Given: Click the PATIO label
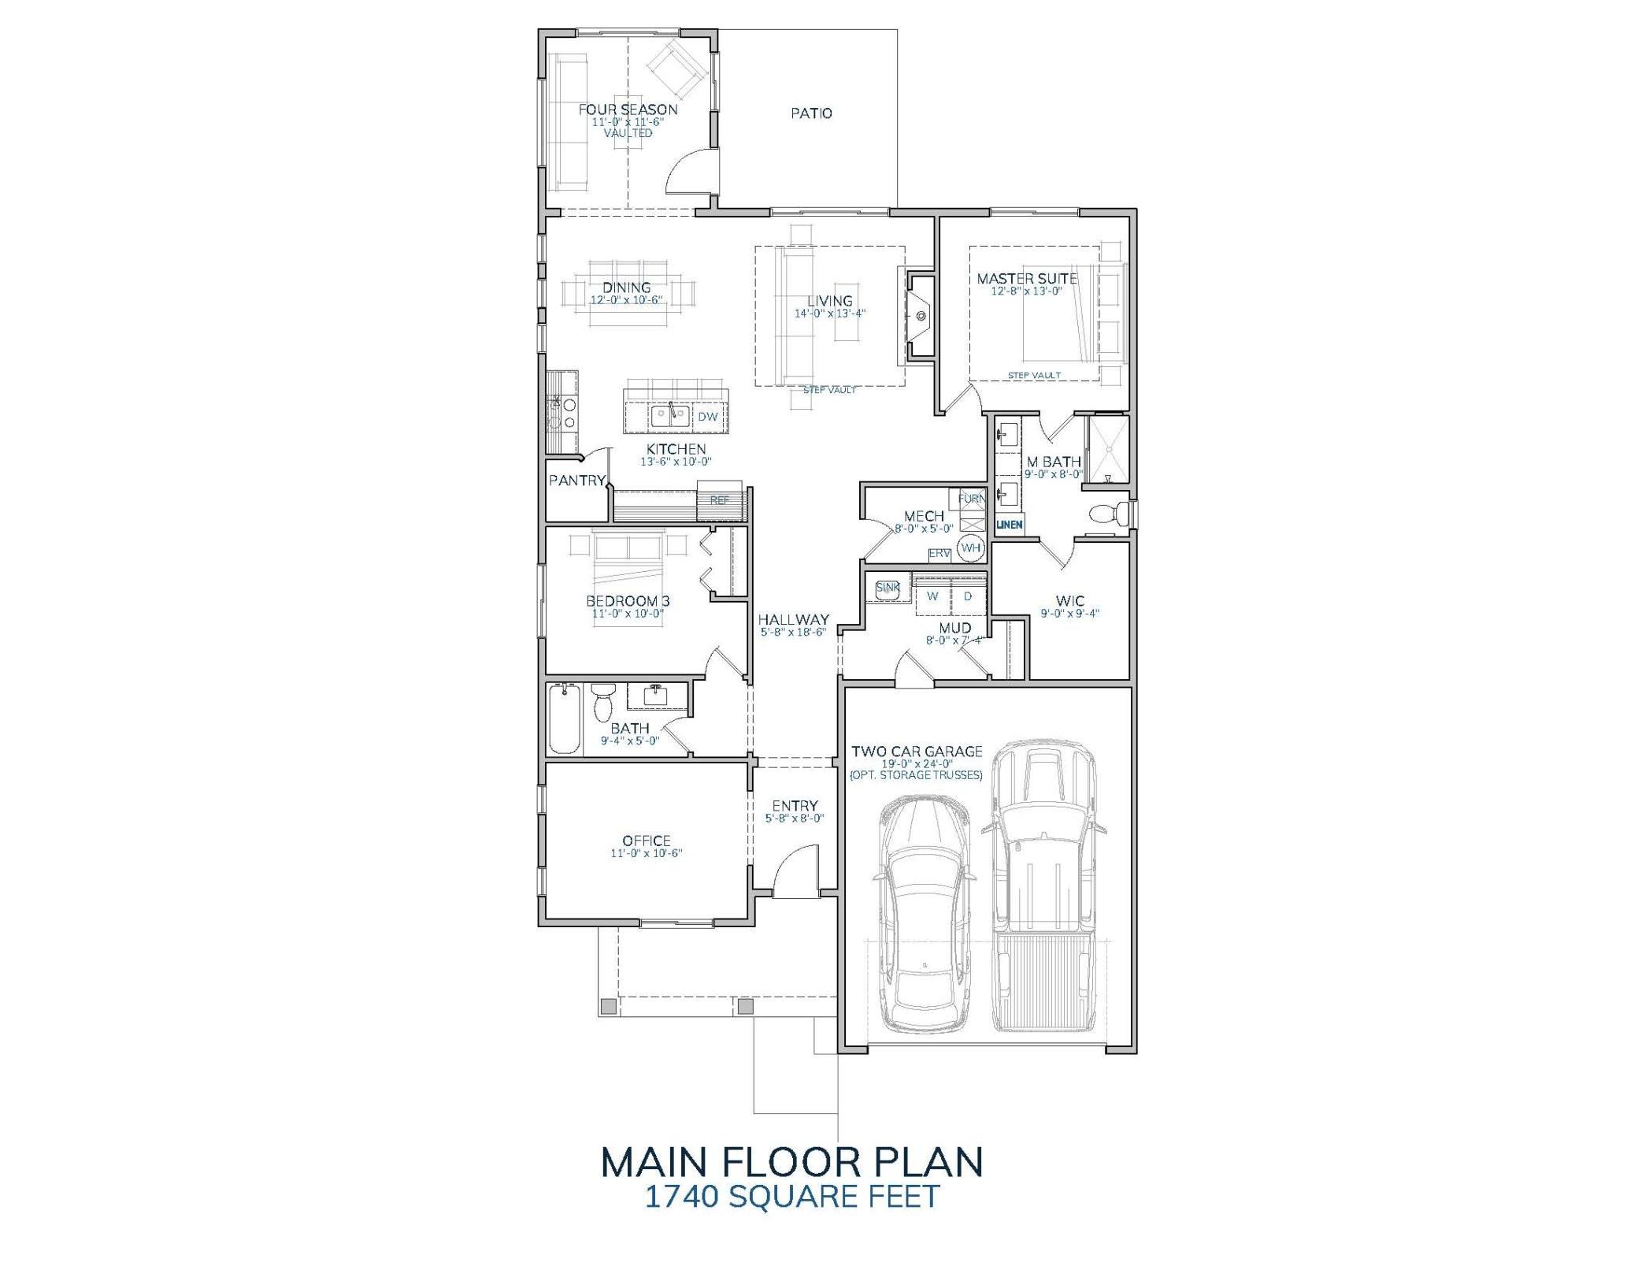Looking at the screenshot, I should [x=811, y=113].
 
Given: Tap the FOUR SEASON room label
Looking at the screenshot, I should [x=628, y=110].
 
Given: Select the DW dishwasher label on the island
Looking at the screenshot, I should [x=707, y=417].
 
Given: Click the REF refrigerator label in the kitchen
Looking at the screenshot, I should [x=719, y=500].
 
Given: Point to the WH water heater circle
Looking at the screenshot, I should [x=971, y=548].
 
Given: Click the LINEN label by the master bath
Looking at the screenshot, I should [x=1010, y=525].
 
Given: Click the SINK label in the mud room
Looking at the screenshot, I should [x=888, y=588].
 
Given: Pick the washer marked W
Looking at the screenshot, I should [x=932, y=596].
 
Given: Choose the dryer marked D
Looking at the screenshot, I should [x=968, y=596].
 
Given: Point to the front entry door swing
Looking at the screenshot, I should [x=795, y=873].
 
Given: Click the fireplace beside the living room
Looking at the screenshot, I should [x=920, y=317].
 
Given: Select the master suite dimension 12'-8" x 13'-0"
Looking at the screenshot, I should [x=1027, y=291].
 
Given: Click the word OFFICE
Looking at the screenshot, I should [x=646, y=841].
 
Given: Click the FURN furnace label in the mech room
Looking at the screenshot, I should [x=971, y=499].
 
